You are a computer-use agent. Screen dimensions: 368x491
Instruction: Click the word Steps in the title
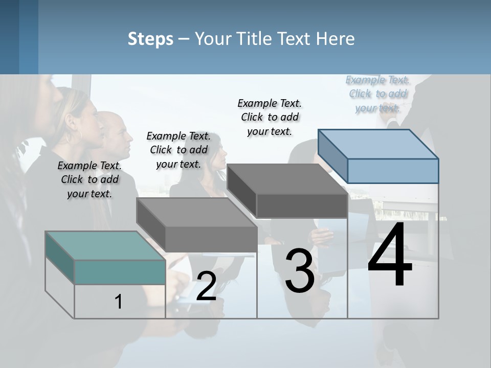pyautogui.click(x=150, y=39)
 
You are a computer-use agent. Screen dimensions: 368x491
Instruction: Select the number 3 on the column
pyautogui.click(x=299, y=271)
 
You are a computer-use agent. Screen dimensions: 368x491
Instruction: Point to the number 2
pyautogui.click(x=206, y=286)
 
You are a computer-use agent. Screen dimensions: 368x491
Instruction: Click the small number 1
pyautogui.click(x=119, y=302)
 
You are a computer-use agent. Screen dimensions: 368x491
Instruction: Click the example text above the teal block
pyautogui.click(x=90, y=179)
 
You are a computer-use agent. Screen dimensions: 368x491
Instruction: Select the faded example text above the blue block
pyautogui.click(x=378, y=94)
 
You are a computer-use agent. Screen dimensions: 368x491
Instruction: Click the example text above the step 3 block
pyautogui.click(x=270, y=117)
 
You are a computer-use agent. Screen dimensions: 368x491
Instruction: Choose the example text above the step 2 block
pyautogui.click(x=178, y=150)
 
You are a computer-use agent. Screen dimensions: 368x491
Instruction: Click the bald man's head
pyautogui.click(x=119, y=130)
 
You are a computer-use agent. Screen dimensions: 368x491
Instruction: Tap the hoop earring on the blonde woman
pyautogui.click(x=80, y=136)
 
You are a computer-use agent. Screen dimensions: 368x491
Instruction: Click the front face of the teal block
pyautogui.click(x=120, y=272)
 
